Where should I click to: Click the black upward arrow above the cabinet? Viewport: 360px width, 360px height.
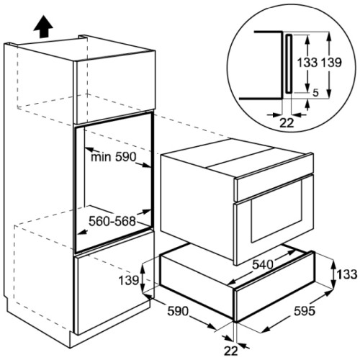tap(43, 27)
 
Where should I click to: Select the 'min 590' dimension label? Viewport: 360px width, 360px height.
tap(114, 157)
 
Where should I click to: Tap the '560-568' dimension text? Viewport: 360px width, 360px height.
tap(112, 221)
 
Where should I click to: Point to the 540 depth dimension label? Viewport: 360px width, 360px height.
tap(263, 265)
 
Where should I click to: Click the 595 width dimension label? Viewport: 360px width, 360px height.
tap(305, 311)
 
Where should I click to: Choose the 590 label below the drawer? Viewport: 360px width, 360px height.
tap(178, 311)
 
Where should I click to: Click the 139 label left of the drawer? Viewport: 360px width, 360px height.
tap(129, 280)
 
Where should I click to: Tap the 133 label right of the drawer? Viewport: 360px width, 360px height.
tap(347, 274)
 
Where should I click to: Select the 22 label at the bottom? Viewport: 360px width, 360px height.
tap(230, 351)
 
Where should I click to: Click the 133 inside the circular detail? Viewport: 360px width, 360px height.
tap(307, 63)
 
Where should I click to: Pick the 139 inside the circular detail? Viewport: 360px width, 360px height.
tap(331, 63)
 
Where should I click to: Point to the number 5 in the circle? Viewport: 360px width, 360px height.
tap(316, 93)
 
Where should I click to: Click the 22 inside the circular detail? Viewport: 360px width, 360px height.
tap(287, 123)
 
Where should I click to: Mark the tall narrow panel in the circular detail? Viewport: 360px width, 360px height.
tap(289, 63)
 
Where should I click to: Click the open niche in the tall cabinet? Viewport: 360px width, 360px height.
tap(114, 182)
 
